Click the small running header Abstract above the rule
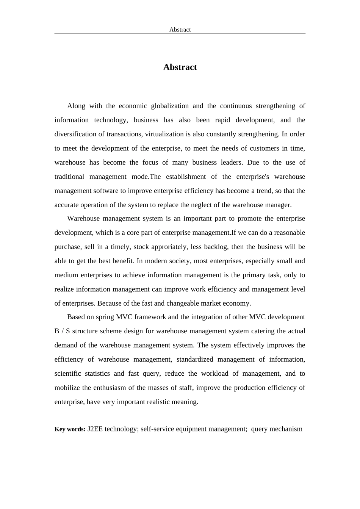(x=180, y=30)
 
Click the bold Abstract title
(x=180, y=67)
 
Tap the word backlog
(x=216, y=247)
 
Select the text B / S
(x=62, y=331)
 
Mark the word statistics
(x=97, y=373)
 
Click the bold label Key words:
(x=70, y=429)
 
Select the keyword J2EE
(x=95, y=429)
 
